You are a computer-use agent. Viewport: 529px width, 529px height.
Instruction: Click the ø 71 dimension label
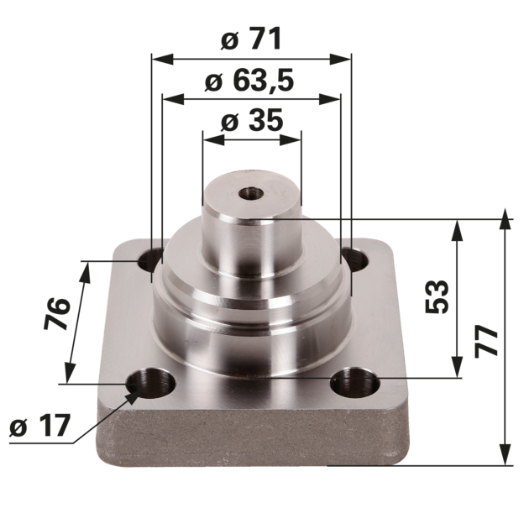click(251, 39)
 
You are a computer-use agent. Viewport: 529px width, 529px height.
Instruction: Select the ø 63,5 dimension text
click(249, 81)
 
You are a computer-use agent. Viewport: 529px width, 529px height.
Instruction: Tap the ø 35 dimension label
click(251, 120)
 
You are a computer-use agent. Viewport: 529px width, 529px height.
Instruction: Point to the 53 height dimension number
click(437, 296)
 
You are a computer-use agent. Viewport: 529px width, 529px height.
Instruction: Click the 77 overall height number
click(486, 341)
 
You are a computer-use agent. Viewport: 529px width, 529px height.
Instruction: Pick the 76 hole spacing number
click(57, 314)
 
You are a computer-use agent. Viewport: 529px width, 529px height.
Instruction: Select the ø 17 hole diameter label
click(40, 426)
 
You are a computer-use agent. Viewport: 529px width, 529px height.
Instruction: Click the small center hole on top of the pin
click(251, 194)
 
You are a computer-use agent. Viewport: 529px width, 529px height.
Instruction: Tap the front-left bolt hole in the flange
click(151, 385)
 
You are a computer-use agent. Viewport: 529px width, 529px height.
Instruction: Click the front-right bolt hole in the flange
click(354, 385)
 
